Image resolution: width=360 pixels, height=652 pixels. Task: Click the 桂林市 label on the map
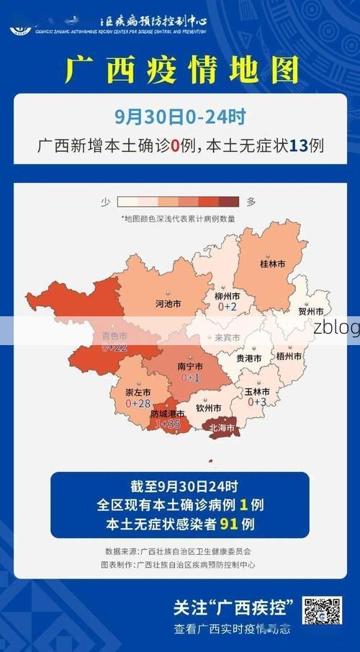coord(272,264)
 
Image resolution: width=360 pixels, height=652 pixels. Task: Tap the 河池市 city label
coord(168,304)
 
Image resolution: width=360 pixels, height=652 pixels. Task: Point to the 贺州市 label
coord(311,312)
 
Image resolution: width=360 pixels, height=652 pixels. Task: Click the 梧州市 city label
coord(289,356)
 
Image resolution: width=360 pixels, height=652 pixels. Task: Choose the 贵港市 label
coord(249,358)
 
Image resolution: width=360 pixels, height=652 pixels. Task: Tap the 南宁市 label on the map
coord(190,366)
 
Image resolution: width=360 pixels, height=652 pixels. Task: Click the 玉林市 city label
coord(257,391)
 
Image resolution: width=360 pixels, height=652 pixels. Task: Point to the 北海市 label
coord(222,427)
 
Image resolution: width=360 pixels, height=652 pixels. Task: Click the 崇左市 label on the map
coord(138,393)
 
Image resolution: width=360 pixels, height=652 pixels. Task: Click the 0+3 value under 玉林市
coord(257,402)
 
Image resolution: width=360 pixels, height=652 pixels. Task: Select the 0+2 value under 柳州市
coord(228,307)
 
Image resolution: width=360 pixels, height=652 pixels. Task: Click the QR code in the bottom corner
coord(322,611)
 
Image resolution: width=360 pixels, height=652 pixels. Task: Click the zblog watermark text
coord(336,328)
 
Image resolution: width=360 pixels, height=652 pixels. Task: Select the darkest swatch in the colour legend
coord(229,202)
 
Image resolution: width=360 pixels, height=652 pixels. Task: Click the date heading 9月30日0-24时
coord(179,115)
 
